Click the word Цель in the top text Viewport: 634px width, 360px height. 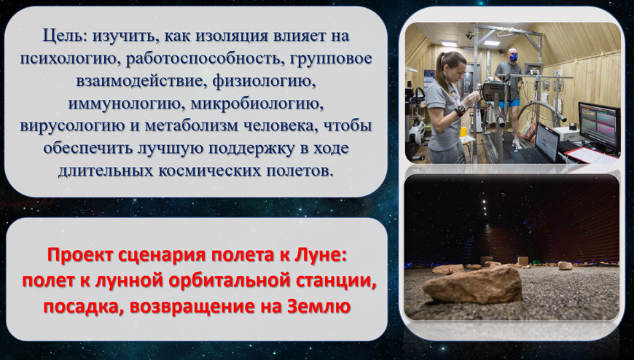coord(64,36)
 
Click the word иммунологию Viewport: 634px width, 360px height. coord(125,103)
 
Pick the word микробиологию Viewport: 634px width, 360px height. coord(257,103)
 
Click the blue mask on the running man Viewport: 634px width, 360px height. coord(513,58)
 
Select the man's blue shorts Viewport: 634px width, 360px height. coord(509,104)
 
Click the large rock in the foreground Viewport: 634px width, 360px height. coord(472,285)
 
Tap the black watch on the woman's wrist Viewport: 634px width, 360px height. coord(459,111)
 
